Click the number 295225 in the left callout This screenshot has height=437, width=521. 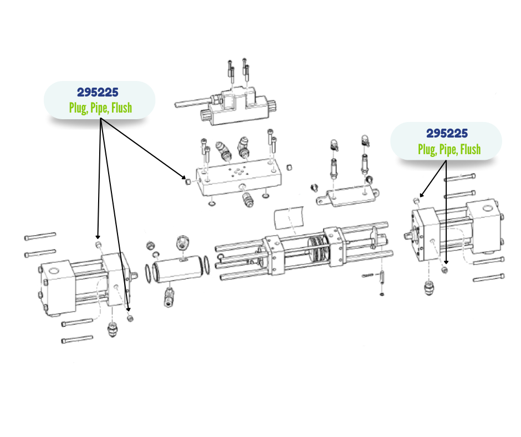(98, 92)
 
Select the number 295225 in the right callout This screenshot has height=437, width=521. (447, 133)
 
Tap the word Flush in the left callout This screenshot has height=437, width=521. (121, 108)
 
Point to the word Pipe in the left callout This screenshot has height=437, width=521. (99, 108)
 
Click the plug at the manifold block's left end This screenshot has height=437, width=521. (188, 181)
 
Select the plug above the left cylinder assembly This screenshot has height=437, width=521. (99, 246)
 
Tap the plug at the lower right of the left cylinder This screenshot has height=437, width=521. (130, 318)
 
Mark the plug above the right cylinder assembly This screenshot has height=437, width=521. (416, 201)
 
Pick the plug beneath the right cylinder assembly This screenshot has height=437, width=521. (445, 270)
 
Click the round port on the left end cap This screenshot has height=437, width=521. (54, 271)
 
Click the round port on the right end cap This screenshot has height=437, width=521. (488, 209)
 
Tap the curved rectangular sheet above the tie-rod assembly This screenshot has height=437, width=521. (289, 217)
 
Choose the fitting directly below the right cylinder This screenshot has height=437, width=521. (430, 287)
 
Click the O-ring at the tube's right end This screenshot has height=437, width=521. (206, 265)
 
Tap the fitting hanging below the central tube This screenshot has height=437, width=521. (169, 297)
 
